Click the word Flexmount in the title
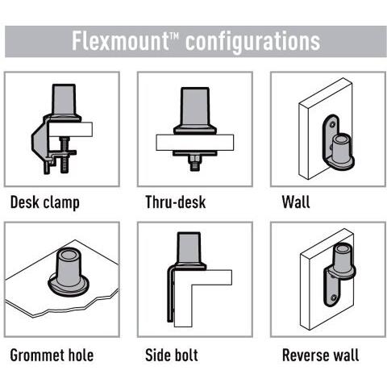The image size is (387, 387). tap(120, 41)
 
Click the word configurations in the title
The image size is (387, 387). tap(252, 42)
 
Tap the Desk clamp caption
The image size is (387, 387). tap(45, 202)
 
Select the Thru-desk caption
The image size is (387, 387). tap(176, 202)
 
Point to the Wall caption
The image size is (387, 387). tap(296, 202)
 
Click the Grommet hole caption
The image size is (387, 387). tap(52, 355)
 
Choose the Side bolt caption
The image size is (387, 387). tap(172, 355)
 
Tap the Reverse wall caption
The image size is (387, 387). tap(320, 355)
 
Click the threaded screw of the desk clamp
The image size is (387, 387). tap(64, 155)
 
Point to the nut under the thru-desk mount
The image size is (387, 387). tap(195, 160)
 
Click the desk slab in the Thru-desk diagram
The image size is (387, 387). tap(195, 143)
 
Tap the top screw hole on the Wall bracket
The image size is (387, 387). tap(333, 124)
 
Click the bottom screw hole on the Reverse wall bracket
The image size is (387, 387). tap(334, 298)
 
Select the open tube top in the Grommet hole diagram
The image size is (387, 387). tap(68, 254)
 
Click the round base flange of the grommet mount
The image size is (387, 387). tap(69, 286)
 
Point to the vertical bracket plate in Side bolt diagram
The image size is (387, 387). tap(171, 293)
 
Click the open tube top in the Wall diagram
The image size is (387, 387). tap(342, 139)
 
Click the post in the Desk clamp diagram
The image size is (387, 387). tap(64, 100)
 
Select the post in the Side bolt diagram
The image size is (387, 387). tap(189, 248)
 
